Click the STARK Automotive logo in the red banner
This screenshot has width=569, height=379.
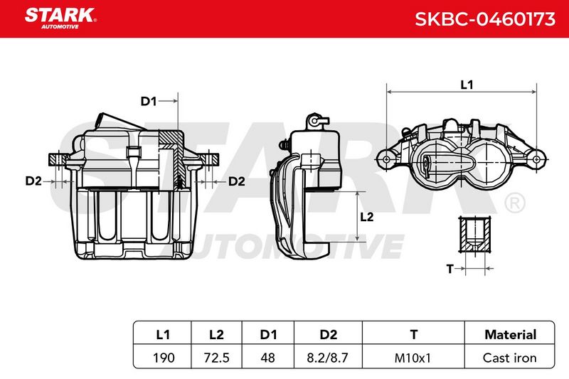tap(60, 18)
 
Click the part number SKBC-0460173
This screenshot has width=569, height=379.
tap(485, 19)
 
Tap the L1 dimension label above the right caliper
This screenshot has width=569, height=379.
tap(467, 85)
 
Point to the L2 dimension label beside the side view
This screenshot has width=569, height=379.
tap(366, 217)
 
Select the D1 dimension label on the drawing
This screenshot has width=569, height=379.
tap(149, 101)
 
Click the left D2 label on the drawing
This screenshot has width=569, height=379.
tap(33, 181)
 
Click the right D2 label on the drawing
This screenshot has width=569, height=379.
tap(237, 181)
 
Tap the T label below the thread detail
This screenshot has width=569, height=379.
tap(450, 269)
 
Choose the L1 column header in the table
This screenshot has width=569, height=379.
tap(163, 334)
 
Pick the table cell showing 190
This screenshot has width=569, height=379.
tap(164, 358)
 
